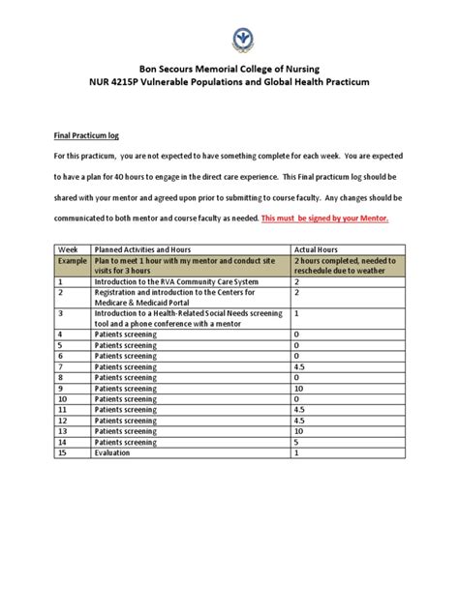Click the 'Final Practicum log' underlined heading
(90, 137)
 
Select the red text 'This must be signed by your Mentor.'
(324, 219)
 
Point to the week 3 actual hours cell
(296, 314)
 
